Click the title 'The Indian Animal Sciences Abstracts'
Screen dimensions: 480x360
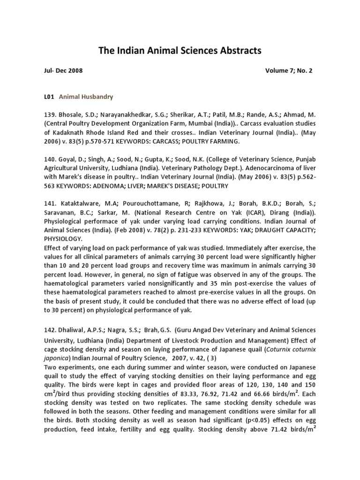180,51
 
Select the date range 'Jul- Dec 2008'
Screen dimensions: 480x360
63,71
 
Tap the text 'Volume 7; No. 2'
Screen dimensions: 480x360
288,71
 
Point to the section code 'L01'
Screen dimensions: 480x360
49,97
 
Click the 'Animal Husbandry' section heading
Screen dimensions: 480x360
86,97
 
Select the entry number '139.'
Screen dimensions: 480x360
50,114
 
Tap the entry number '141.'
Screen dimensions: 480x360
50,203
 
